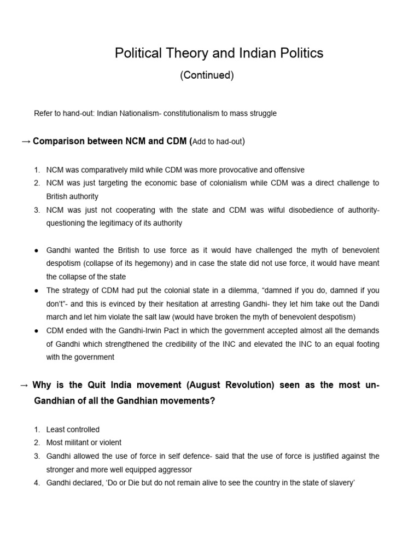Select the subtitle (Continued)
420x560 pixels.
coord(207,75)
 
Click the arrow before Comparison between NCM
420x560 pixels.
coord(25,142)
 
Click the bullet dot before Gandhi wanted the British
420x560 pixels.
coord(36,250)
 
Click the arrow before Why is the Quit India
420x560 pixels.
coord(24,384)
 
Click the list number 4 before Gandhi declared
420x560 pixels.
coord(37,483)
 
